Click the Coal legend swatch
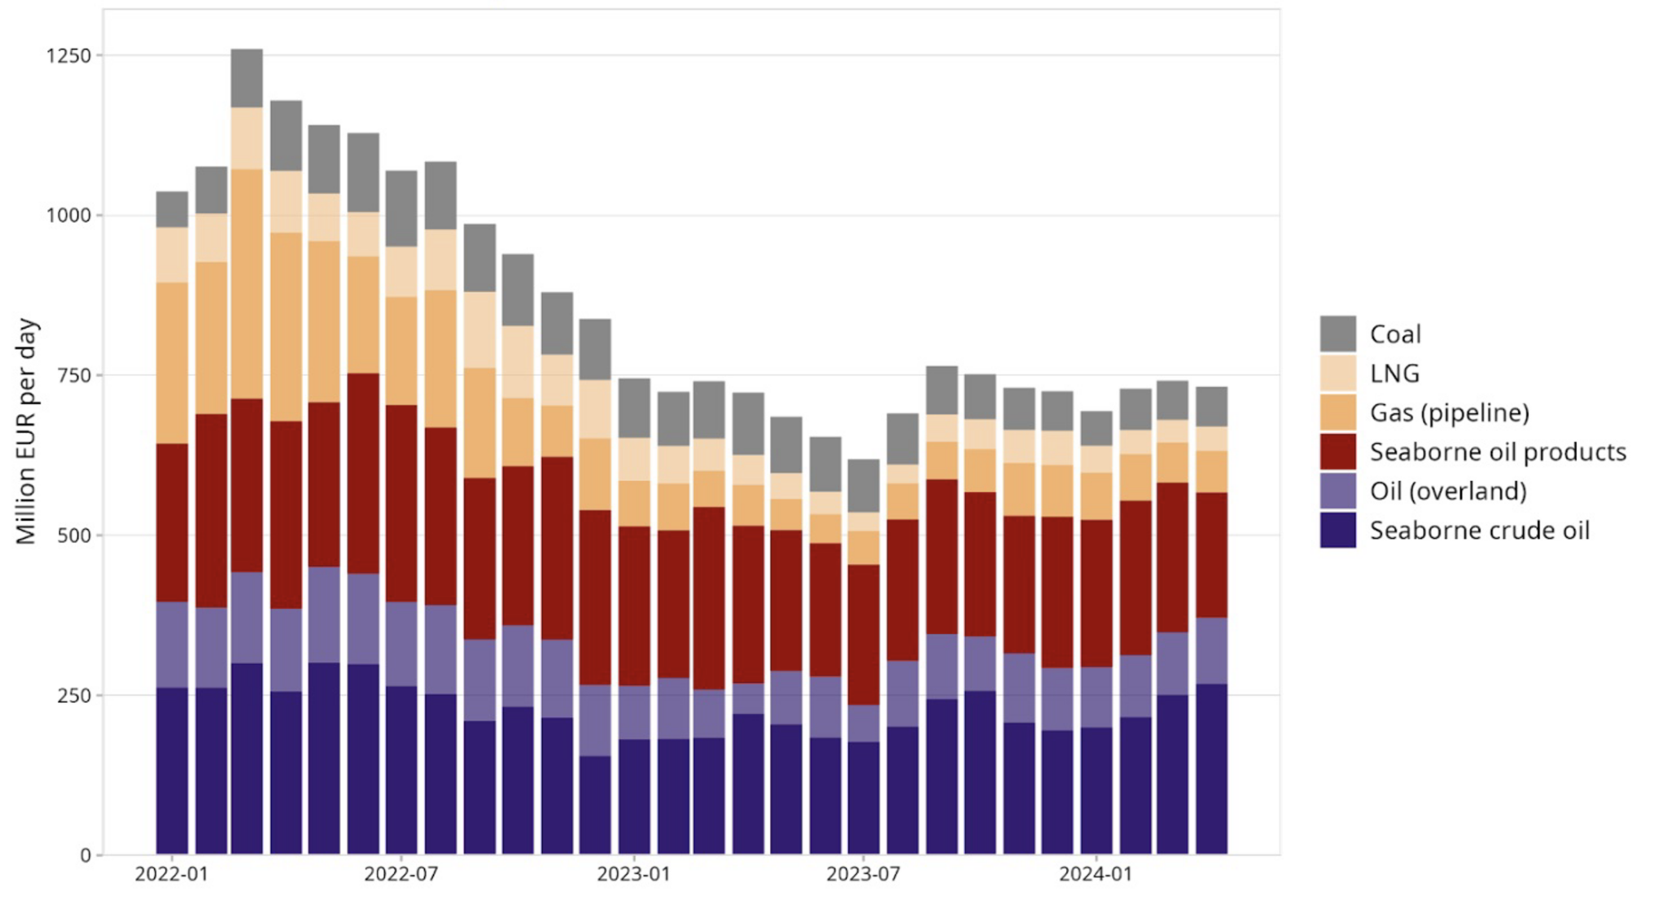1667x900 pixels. [x=1337, y=334]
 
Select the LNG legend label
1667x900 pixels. [x=1394, y=374]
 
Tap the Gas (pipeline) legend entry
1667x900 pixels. [x=1449, y=413]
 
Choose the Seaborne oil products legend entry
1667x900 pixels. [x=1497, y=452]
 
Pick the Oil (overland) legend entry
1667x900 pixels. [x=1447, y=491]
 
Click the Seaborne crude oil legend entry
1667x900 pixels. [x=1479, y=531]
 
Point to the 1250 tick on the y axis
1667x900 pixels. [x=69, y=55]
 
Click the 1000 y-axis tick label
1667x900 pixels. [x=69, y=216]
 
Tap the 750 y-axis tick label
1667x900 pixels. [x=75, y=375]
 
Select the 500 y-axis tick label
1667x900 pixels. [x=75, y=535]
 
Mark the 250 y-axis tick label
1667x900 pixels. [x=75, y=696]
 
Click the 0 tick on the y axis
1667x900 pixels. [x=86, y=855]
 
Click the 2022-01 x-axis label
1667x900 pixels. [x=172, y=875]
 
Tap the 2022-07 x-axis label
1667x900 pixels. [x=401, y=875]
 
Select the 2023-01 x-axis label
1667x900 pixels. [x=634, y=875]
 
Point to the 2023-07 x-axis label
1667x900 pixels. [x=864, y=875]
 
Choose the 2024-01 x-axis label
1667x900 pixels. [x=1096, y=875]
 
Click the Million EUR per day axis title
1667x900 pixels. [x=26, y=431]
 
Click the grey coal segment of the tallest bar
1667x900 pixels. [x=247, y=78]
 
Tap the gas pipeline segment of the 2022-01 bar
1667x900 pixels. [x=172, y=363]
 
